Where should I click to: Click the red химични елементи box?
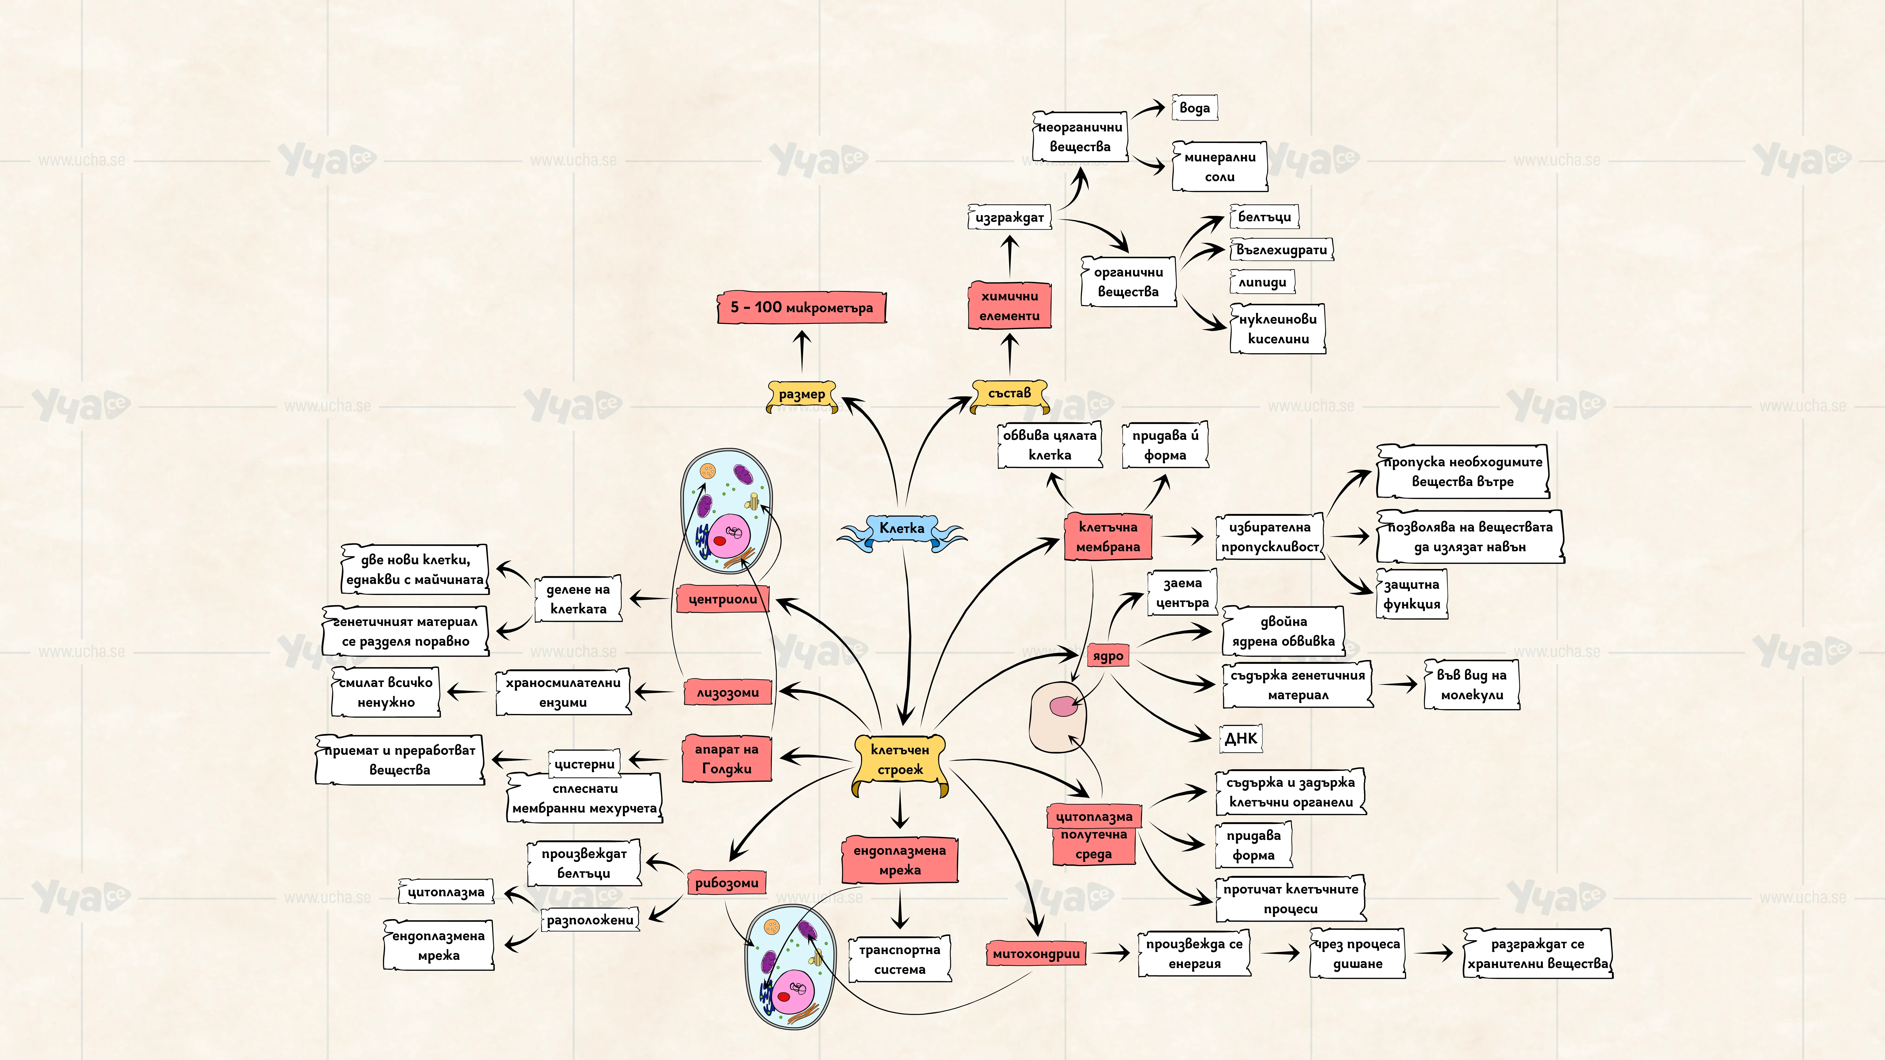pyautogui.click(x=1010, y=306)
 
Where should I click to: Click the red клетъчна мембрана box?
pyautogui.click(x=1108, y=537)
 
